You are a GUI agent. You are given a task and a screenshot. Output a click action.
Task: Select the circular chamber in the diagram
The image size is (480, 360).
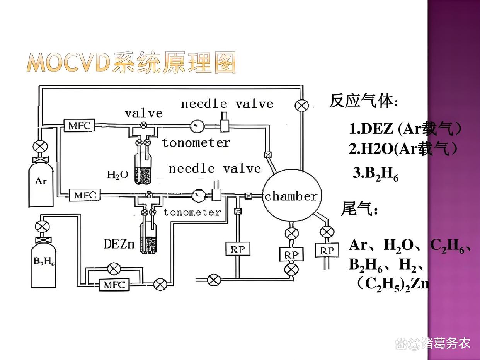[x=291, y=196]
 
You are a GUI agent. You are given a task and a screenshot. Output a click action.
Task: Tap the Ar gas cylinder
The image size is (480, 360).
[x=41, y=182]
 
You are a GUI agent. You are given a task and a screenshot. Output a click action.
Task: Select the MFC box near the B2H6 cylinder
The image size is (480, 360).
[x=115, y=285]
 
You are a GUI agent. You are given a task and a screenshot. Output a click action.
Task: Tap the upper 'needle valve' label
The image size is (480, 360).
[x=227, y=104]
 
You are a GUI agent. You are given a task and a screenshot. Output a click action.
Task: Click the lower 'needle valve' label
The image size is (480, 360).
[x=214, y=169]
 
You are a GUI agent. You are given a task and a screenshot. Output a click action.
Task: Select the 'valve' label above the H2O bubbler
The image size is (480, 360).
[x=143, y=113]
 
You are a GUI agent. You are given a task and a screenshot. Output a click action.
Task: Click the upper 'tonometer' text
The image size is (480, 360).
[x=196, y=143]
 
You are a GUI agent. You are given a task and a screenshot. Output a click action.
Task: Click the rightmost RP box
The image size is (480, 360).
[x=327, y=251]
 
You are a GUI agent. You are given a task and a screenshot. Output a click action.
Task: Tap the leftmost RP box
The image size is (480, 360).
[x=237, y=249]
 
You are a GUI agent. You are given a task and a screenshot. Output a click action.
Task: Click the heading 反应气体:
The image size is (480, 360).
[x=363, y=102]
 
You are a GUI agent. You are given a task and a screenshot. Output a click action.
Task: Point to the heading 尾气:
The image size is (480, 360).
[x=359, y=209]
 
